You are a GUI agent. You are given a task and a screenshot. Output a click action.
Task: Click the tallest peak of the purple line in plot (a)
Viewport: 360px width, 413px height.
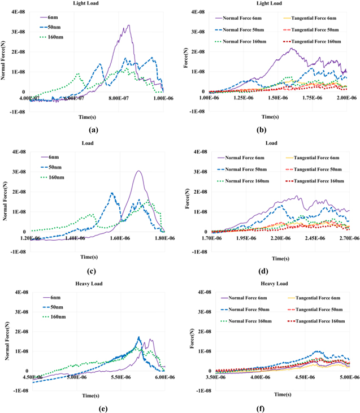(129, 25)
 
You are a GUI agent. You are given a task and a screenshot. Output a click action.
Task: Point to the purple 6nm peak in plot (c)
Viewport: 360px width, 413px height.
(138, 171)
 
